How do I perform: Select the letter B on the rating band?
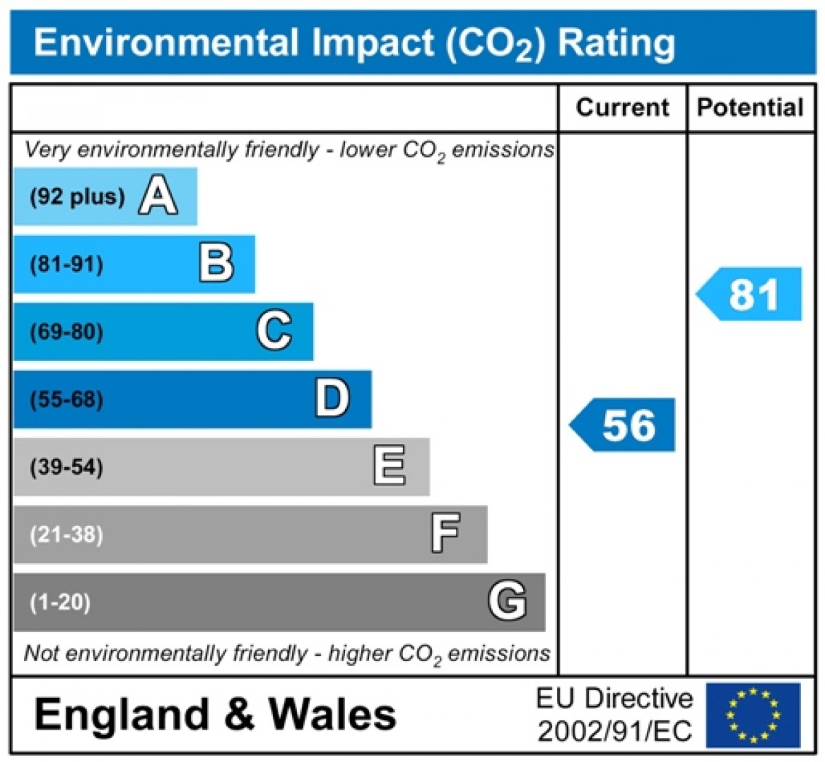pyautogui.click(x=216, y=263)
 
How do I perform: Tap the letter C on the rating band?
pyautogui.click(x=274, y=331)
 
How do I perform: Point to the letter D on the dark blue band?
pyautogui.click(x=332, y=399)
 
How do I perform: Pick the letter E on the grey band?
pyautogui.click(x=389, y=466)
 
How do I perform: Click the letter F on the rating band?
pyautogui.click(x=445, y=534)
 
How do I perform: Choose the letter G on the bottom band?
pyautogui.click(x=507, y=601)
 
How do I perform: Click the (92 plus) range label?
pyautogui.click(x=77, y=197)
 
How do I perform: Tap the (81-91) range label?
pyautogui.click(x=67, y=264)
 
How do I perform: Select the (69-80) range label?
pyautogui.click(x=67, y=331)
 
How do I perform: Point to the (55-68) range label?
pyautogui.click(x=67, y=399)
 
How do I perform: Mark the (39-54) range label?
pyautogui.click(x=67, y=467)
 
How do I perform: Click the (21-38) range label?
pyautogui.click(x=67, y=534)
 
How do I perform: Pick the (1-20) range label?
pyautogui.click(x=60, y=602)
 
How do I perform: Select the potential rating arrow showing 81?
pyautogui.click(x=750, y=294)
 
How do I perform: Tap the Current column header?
pyautogui.click(x=622, y=107)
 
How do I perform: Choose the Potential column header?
pyautogui.click(x=750, y=107)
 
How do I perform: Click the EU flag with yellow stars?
pyautogui.click(x=753, y=715)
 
